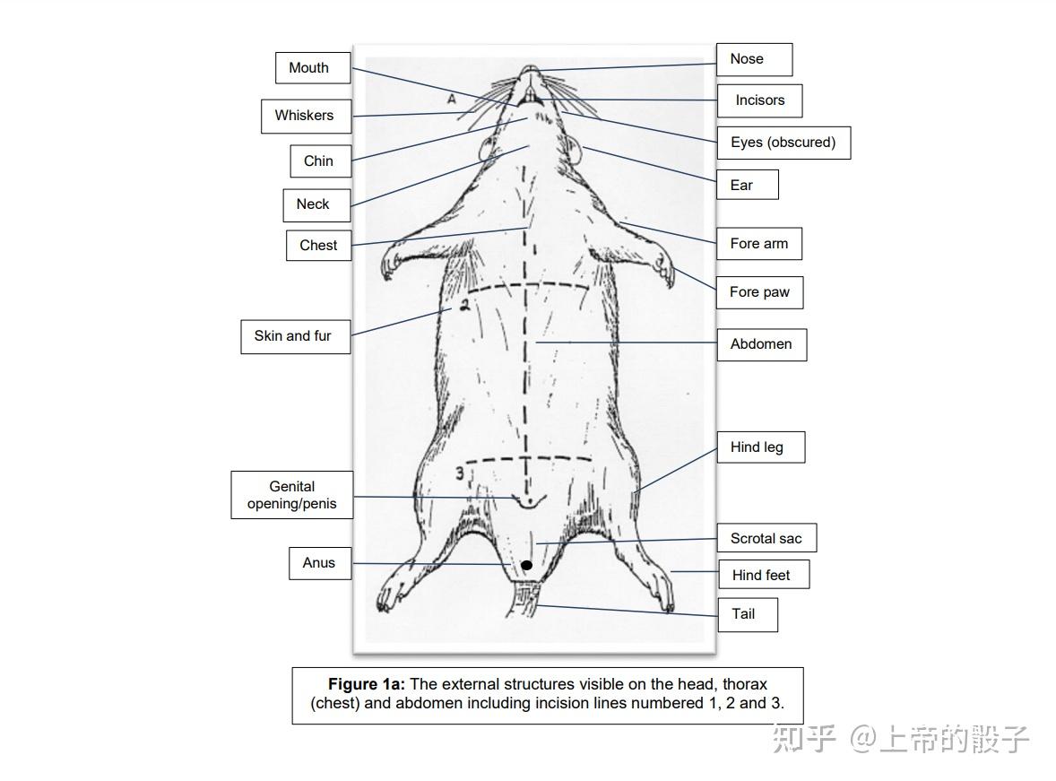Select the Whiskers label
click(x=305, y=116)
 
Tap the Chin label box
click(x=319, y=161)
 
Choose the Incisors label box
click(x=759, y=100)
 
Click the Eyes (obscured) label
click(x=783, y=143)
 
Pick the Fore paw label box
click(x=758, y=292)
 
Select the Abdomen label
click(x=761, y=344)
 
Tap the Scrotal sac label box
click(x=766, y=539)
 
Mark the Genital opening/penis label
click(x=291, y=495)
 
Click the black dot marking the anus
click(x=527, y=565)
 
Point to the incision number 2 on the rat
click(x=464, y=306)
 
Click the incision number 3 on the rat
click(x=458, y=473)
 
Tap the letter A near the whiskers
click(x=452, y=100)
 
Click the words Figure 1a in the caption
click(x=366, y=684)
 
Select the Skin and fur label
click(x=294, y=336)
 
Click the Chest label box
click(x=318, y=246)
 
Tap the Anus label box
click(x=319, y=563)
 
